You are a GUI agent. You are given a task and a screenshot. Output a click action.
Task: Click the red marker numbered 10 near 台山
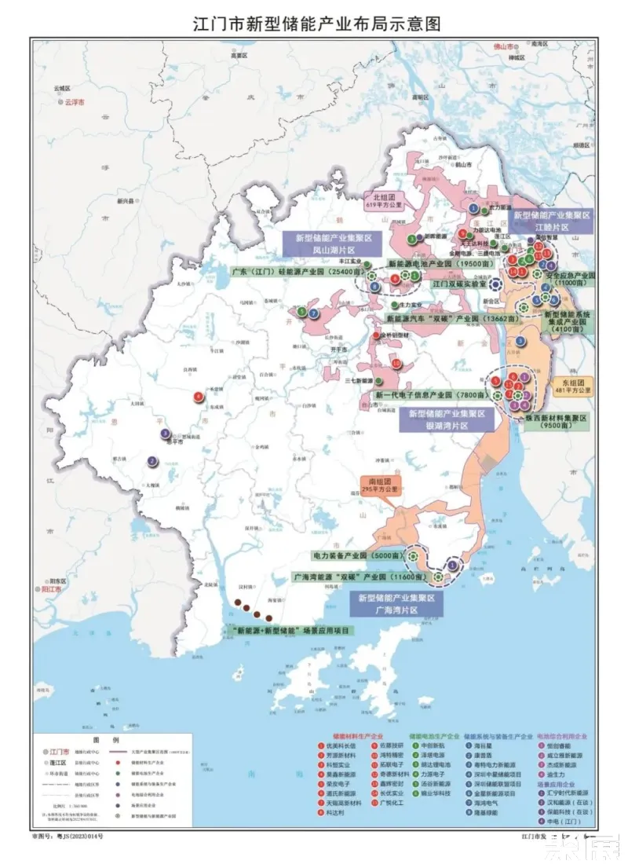(396, 364)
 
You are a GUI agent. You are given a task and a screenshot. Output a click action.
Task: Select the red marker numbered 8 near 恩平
(198, 397)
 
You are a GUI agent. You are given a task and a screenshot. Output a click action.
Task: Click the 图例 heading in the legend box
(103, 741)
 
